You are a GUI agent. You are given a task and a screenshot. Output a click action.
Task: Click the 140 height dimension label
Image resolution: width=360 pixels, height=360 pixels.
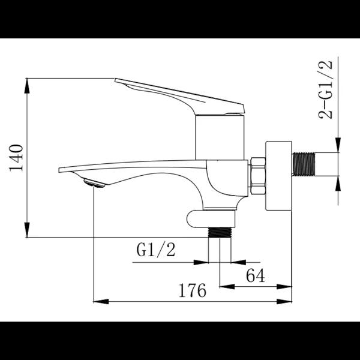pos(16,158)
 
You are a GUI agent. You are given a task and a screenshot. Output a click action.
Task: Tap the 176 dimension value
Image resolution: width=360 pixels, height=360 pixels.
pos(193,290)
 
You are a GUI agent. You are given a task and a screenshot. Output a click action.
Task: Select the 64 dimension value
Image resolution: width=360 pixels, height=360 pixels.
pos(256,275)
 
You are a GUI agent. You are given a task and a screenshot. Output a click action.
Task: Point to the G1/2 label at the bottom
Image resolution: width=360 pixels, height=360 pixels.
pos(156,250)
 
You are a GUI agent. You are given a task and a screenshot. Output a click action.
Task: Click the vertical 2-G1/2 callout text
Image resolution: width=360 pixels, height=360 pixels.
pos(325,89)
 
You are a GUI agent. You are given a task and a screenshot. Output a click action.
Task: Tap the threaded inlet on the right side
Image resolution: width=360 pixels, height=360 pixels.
pos(303,164)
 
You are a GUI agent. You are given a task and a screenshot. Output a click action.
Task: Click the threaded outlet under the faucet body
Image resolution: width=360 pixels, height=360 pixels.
pos(220,232)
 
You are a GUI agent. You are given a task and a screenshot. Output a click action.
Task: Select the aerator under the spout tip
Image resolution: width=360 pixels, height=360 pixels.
pos(94,183)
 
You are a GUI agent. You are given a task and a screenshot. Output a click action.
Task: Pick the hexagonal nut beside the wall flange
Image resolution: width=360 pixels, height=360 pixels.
pos(258,176)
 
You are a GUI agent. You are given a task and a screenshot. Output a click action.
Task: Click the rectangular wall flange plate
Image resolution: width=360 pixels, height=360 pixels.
pos(278,176)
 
